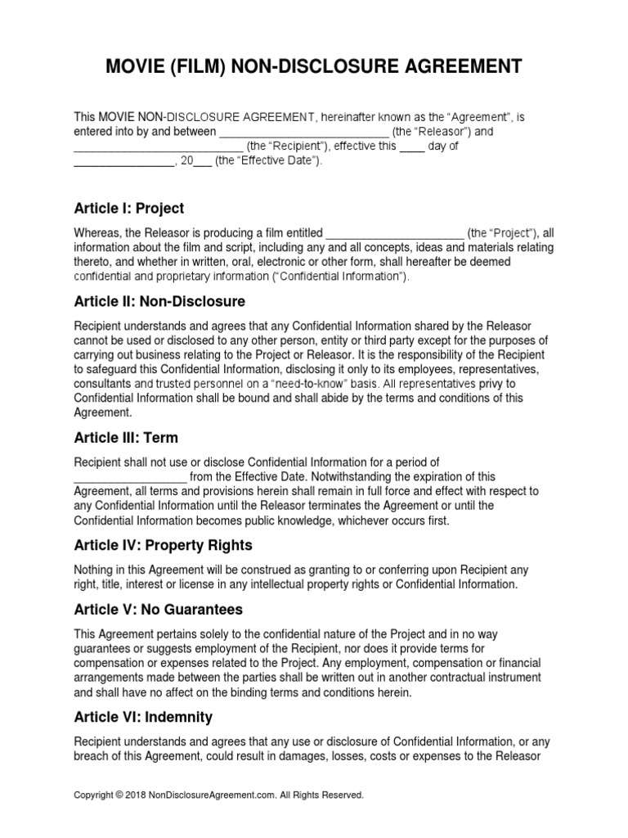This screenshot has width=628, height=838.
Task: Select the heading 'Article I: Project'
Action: coord(129,208)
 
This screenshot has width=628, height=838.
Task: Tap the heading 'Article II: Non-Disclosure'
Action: coord(159,301)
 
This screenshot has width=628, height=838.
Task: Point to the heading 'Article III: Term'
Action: coord(126,438)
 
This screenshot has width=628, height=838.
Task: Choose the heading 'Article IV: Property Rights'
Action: coord(163,545)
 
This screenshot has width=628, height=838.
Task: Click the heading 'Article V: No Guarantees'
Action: coord(158,610)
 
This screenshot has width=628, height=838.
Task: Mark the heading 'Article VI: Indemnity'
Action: coord(143,717)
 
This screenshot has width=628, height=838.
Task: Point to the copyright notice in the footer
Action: coord(218,795)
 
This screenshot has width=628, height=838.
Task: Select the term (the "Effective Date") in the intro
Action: coord(269,162)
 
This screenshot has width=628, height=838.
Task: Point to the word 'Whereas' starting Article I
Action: coord(96,232)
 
